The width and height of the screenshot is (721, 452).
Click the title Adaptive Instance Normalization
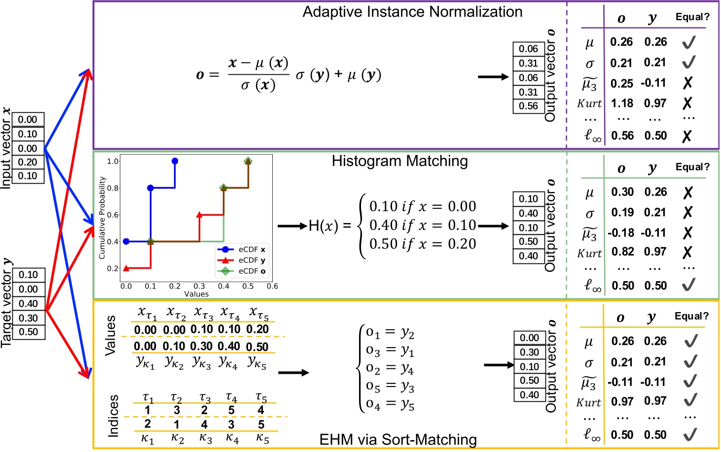pyautogui.click(x=412, y=12)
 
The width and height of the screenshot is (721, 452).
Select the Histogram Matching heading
pyautogui.click(x=399, y=161)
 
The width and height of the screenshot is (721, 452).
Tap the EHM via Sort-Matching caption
pyautogui.click(x=398, y=439)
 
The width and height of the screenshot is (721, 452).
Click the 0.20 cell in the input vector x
pyautogui.click(x=28, y=162)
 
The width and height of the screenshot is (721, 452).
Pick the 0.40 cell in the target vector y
pyautogui.click(x=28, y=304)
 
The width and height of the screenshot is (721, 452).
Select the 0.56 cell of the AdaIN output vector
pyautogui.click(x=528, y=106)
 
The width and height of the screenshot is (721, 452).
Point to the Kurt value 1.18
pyautogui.click(x=622, y=103)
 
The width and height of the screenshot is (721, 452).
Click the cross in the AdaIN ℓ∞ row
pyautogui.click(x=687, y=136)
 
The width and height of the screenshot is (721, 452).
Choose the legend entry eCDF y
pyautogui.click(x=252, y=260)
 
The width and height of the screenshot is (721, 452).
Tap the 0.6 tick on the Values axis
pyautogui.click(x=272, y=286)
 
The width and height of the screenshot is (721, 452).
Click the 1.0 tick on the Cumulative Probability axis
pyautogui.click(x=113, y=161)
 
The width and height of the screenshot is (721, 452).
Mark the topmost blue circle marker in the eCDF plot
pyautogui.click(x=175, y=161)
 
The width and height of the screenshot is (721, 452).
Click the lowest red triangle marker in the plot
pyautogui.click(x=126, y=268)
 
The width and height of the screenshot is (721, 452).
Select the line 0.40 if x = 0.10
pyautogui.click(x=422, y=225)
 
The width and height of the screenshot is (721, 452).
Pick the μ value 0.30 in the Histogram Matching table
pyautogui.click(x=622, y=192)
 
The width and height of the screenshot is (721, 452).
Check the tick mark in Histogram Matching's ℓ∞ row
pyautogui.click(x=689, y=285)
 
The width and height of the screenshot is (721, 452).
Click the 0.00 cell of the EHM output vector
pyautogui.click(x=529, y=338)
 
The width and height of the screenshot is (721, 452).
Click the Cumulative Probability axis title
pyautogui.click(x=102, y=218)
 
